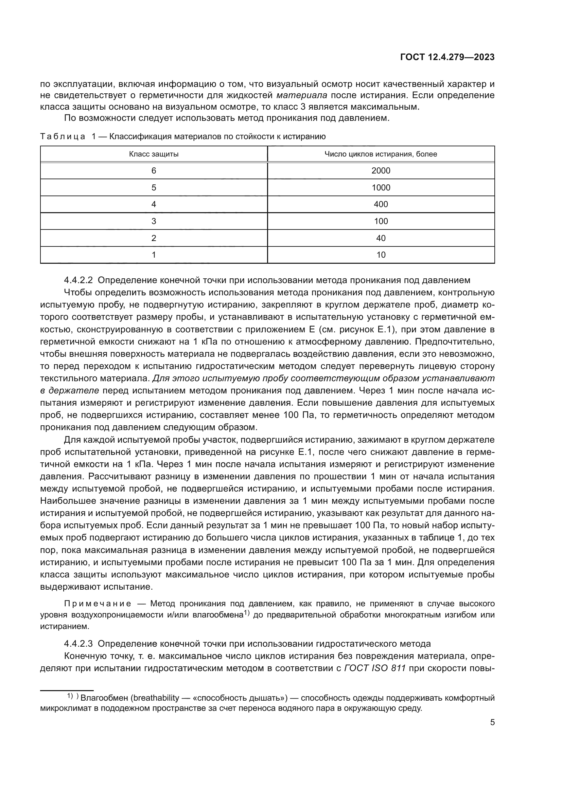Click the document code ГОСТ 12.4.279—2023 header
click(447, 57)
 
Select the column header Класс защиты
click(154, 154)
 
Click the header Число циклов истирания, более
click(381, 154)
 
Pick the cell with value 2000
click(381, 171)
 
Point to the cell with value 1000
click(381, 188)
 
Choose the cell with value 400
click(381, 204)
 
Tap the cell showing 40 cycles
click(381, 238)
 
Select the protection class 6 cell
click(154, 171)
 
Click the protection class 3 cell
click(154, 221)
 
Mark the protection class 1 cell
click(154, 255)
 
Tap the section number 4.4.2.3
click(78, 644)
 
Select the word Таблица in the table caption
click(63, 136)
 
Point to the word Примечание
click(98, 604)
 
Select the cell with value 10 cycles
click(381, 255)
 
